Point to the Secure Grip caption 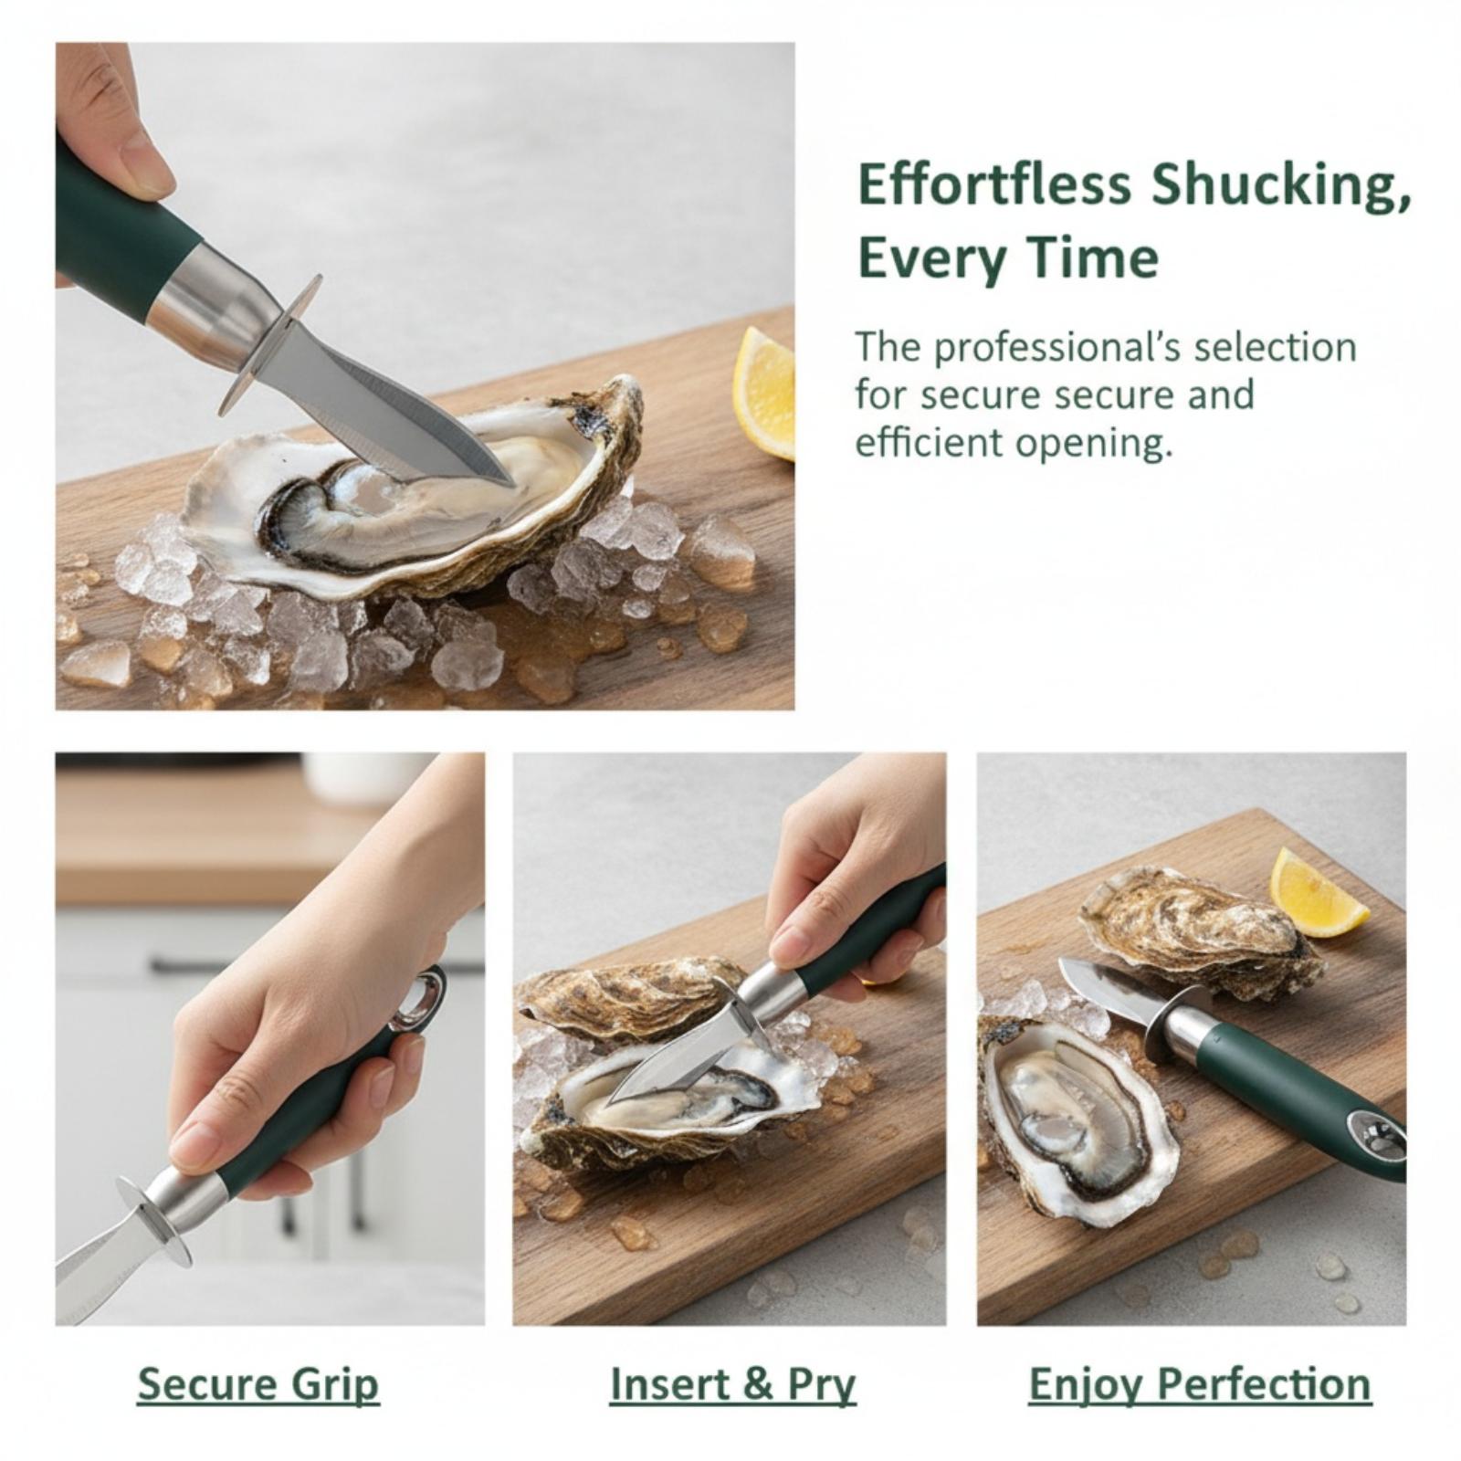(x=258, y=1384)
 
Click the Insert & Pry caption (x=732, y=1384)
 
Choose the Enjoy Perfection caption (x=1200, y=1384)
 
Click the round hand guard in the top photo (x=269, y=344)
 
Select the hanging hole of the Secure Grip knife (x=424, y=998)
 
